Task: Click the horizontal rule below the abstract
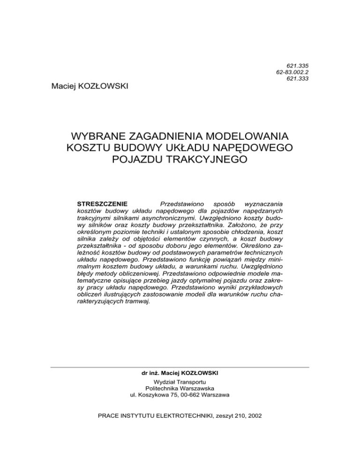coord(180,367)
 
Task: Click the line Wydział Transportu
coord(180,384)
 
